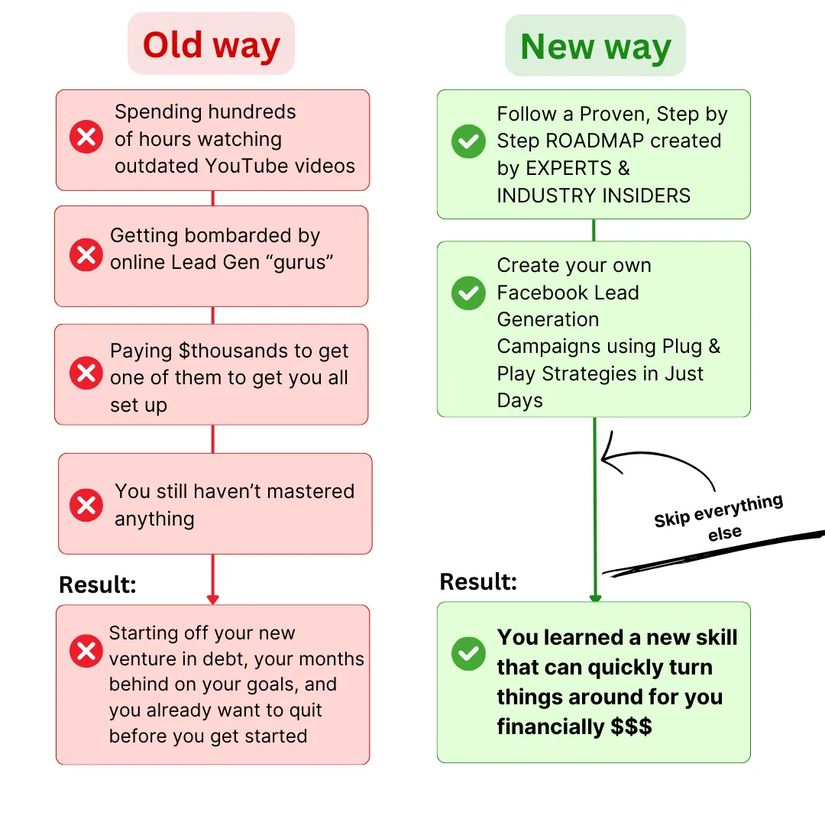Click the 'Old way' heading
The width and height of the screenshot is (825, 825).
coord(211,44)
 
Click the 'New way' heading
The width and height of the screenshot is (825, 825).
coord(595,47)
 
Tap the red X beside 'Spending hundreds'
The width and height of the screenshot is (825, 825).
coord(86,138)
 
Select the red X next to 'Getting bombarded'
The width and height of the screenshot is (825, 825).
coord(86,254)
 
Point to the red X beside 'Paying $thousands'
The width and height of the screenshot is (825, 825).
coord(86,374)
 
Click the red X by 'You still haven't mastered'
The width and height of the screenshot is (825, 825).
coord(86,504)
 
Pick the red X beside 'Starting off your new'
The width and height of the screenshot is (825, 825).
coord(86,652)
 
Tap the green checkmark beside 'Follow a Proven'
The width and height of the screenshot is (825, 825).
coord(468,141)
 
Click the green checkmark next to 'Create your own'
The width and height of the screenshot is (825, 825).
coord(468,293)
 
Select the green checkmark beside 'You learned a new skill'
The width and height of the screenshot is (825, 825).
coord(468,653)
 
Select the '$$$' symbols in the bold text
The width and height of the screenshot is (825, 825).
coord(631,726)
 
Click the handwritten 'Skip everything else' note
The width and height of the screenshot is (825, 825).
coord(719,517)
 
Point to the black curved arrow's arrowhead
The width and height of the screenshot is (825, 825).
coord(606,460)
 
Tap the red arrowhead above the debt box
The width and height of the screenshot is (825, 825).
coord(212,599)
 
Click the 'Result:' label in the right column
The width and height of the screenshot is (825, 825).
coord(478,582)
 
